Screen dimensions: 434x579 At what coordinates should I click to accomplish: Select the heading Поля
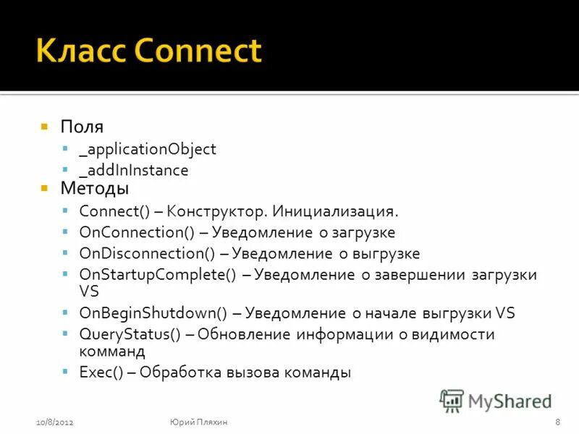click(x=81, y=127)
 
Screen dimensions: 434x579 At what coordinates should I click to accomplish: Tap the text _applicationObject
click(x=148, y=149)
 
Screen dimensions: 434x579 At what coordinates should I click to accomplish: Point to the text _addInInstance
click(x=133, y=171)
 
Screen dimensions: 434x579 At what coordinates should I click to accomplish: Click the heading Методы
click(x=94, y=189)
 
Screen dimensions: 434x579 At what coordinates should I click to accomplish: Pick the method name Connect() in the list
click(x=114, y=212)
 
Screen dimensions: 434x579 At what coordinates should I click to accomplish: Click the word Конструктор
click(x=221, y=212)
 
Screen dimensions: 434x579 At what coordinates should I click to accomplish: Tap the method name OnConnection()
click(x=134, y=233)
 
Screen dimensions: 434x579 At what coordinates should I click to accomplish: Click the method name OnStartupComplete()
click(x=159, y=275)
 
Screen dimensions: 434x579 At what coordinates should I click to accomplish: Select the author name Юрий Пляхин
click(x=199, y=422)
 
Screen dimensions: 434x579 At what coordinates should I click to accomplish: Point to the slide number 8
click(x=557, y=422)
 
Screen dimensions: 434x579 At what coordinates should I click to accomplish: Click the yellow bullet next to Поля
click(x=44, y=127)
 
